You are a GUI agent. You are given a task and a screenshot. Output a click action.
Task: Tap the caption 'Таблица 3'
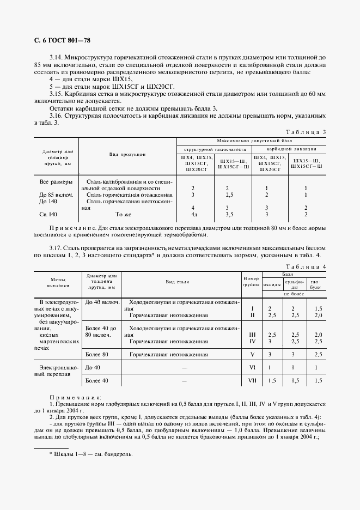coord(306,132)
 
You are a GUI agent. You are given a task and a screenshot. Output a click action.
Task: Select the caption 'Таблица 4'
coord(306,266)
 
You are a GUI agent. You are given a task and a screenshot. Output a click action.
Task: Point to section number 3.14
coord(57,57)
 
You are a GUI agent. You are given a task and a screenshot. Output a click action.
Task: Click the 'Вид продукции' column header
coord(127,155)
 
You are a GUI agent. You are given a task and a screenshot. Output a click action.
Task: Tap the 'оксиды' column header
coord(272,284)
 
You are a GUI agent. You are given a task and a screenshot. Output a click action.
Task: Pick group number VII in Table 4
coord(252,380)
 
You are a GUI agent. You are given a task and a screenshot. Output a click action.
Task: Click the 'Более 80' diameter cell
coord(98,354)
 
